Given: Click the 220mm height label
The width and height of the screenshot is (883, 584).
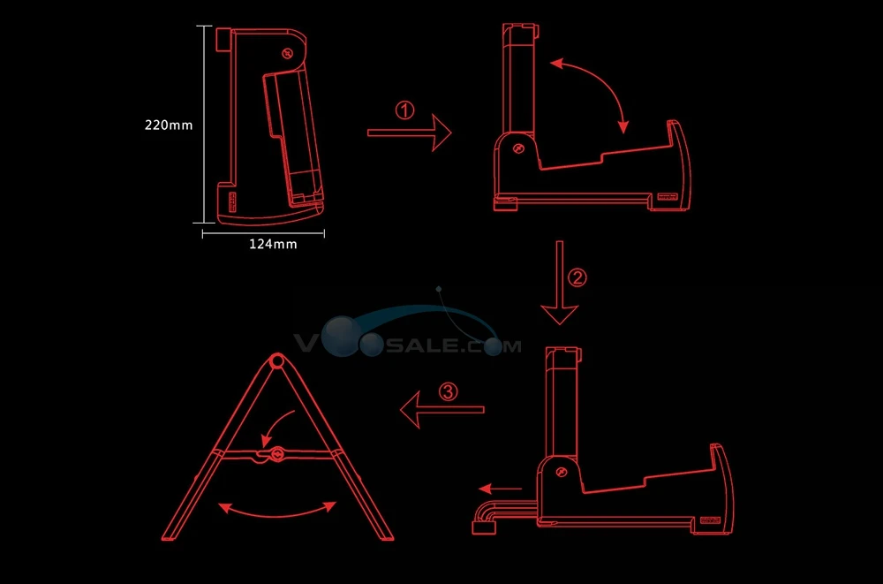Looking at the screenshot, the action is (x=169, y=125).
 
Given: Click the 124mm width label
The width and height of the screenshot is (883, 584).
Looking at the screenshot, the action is (x=273, y=244).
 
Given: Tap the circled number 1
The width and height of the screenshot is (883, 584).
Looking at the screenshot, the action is (x=405, y=110).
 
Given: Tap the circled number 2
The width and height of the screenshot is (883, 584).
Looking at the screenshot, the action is (x=577, y=277).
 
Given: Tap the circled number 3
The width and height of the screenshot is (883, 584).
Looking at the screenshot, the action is (x=449, y=391).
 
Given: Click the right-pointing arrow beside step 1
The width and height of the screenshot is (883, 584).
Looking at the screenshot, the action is (x=410, y=133).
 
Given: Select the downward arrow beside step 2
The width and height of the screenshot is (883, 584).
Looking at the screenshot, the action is (x=559, y=283).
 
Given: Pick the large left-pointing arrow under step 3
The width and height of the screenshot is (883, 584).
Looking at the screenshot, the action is (x=442, y=410).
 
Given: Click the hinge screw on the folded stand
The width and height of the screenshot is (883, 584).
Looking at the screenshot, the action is (x=288, y=54).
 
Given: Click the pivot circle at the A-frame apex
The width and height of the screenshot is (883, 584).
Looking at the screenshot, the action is (x=276, y=360).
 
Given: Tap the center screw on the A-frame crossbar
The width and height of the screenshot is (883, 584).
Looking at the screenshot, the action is (x=277, y=455).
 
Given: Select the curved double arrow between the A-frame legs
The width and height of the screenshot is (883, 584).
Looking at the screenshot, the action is (x=277, y=512).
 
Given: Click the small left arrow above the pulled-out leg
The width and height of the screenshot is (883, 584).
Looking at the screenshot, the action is (x=501, y=489).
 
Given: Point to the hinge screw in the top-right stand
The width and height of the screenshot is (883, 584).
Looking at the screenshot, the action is (x=518, y=148).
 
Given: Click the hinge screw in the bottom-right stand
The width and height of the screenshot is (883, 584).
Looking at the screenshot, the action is (x=561, y=472).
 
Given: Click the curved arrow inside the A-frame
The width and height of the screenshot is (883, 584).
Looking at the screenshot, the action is (x=275, y=426).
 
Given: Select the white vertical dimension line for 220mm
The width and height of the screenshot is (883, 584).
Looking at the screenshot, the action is (x=204, y=125).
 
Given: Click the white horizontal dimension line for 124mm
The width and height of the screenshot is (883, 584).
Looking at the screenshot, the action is (x=263, y=233).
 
